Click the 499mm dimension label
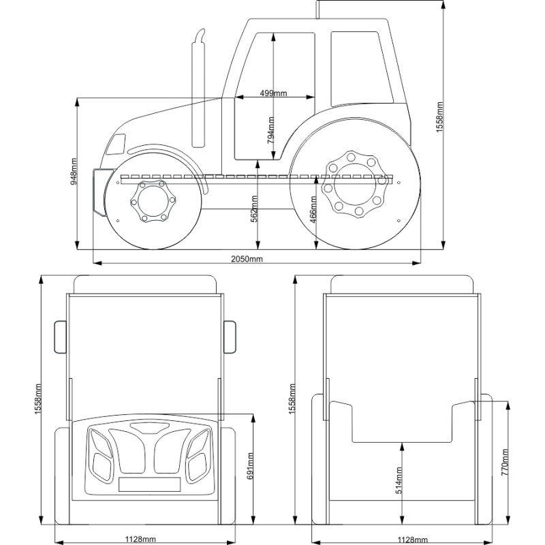pyautogui.click(x=273, y=93)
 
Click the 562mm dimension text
pyautogui.click(x=254, y=208)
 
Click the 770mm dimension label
pyautogui.click(x=505, y=463)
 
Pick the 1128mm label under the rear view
pyautogui.click(x=407, y=539)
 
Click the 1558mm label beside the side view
pyautogui.click(x=439, y=117)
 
